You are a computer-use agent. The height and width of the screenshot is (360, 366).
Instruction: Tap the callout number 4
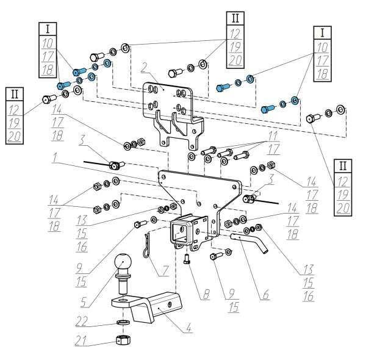coord(190,330)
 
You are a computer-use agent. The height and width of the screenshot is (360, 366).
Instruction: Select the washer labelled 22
coord(122,322)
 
